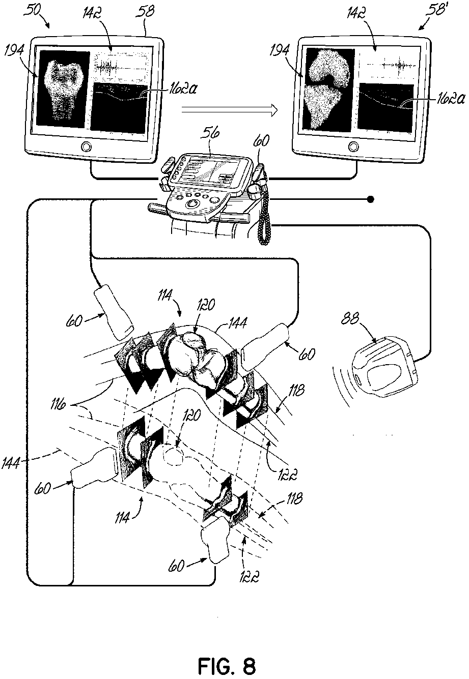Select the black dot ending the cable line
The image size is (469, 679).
coord(372,199)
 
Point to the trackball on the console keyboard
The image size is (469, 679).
coord(192,203)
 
